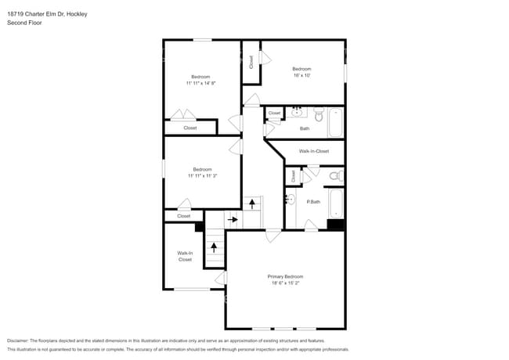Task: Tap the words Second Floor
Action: click(24, 23)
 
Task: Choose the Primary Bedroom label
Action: click(285, 277)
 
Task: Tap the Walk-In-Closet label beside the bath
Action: click(313, 151)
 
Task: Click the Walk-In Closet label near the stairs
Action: click(185, 256)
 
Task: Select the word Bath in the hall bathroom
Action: click(305, 128)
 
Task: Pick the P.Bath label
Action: click(313, 202)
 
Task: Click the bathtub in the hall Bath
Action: click(335, 121)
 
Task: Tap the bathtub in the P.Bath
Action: click(336, 203)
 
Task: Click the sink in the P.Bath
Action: click(290, 200)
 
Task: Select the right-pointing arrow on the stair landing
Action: click(233, 220)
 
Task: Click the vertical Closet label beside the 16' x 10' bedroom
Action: click(251, 61)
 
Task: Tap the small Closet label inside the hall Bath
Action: click(274, 113)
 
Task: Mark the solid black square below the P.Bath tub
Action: click(335, 225)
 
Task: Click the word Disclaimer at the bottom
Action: click(17, 340)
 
